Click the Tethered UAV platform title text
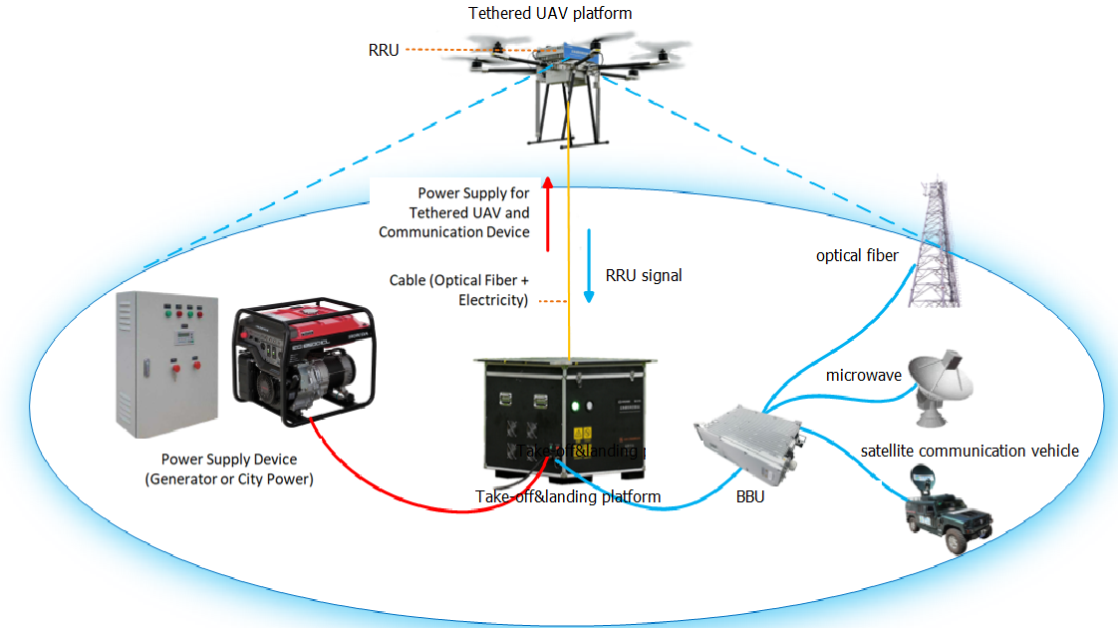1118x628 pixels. [550, 13]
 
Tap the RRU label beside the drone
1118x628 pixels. [383, 49]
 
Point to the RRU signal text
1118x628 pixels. [644, 275]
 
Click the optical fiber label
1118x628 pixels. [857, 255]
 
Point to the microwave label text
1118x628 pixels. [864, 376]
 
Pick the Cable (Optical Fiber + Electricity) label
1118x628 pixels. [458, 290]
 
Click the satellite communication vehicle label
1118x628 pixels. [970, 451]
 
